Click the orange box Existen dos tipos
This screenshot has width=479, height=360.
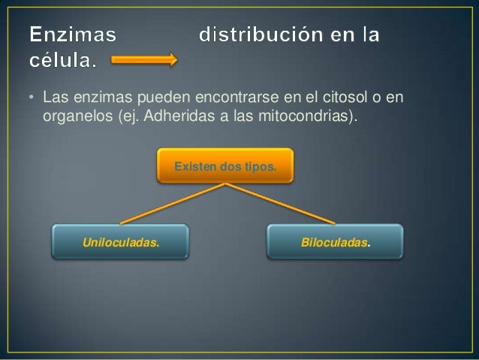224,165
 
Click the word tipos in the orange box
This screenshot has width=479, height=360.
261,165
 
